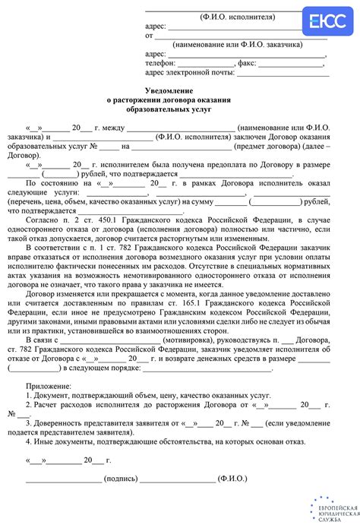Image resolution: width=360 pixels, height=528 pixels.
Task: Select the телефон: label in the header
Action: (x=159, y=63)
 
